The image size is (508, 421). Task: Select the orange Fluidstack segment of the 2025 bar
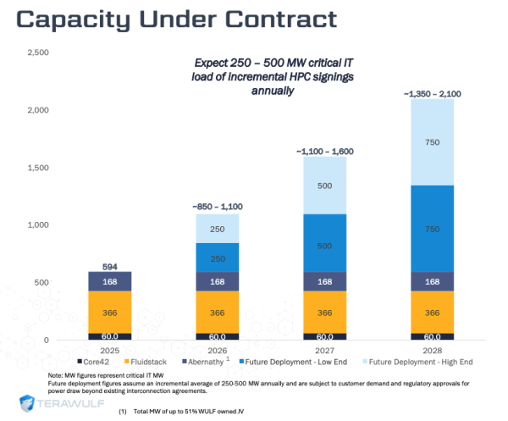110,312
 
